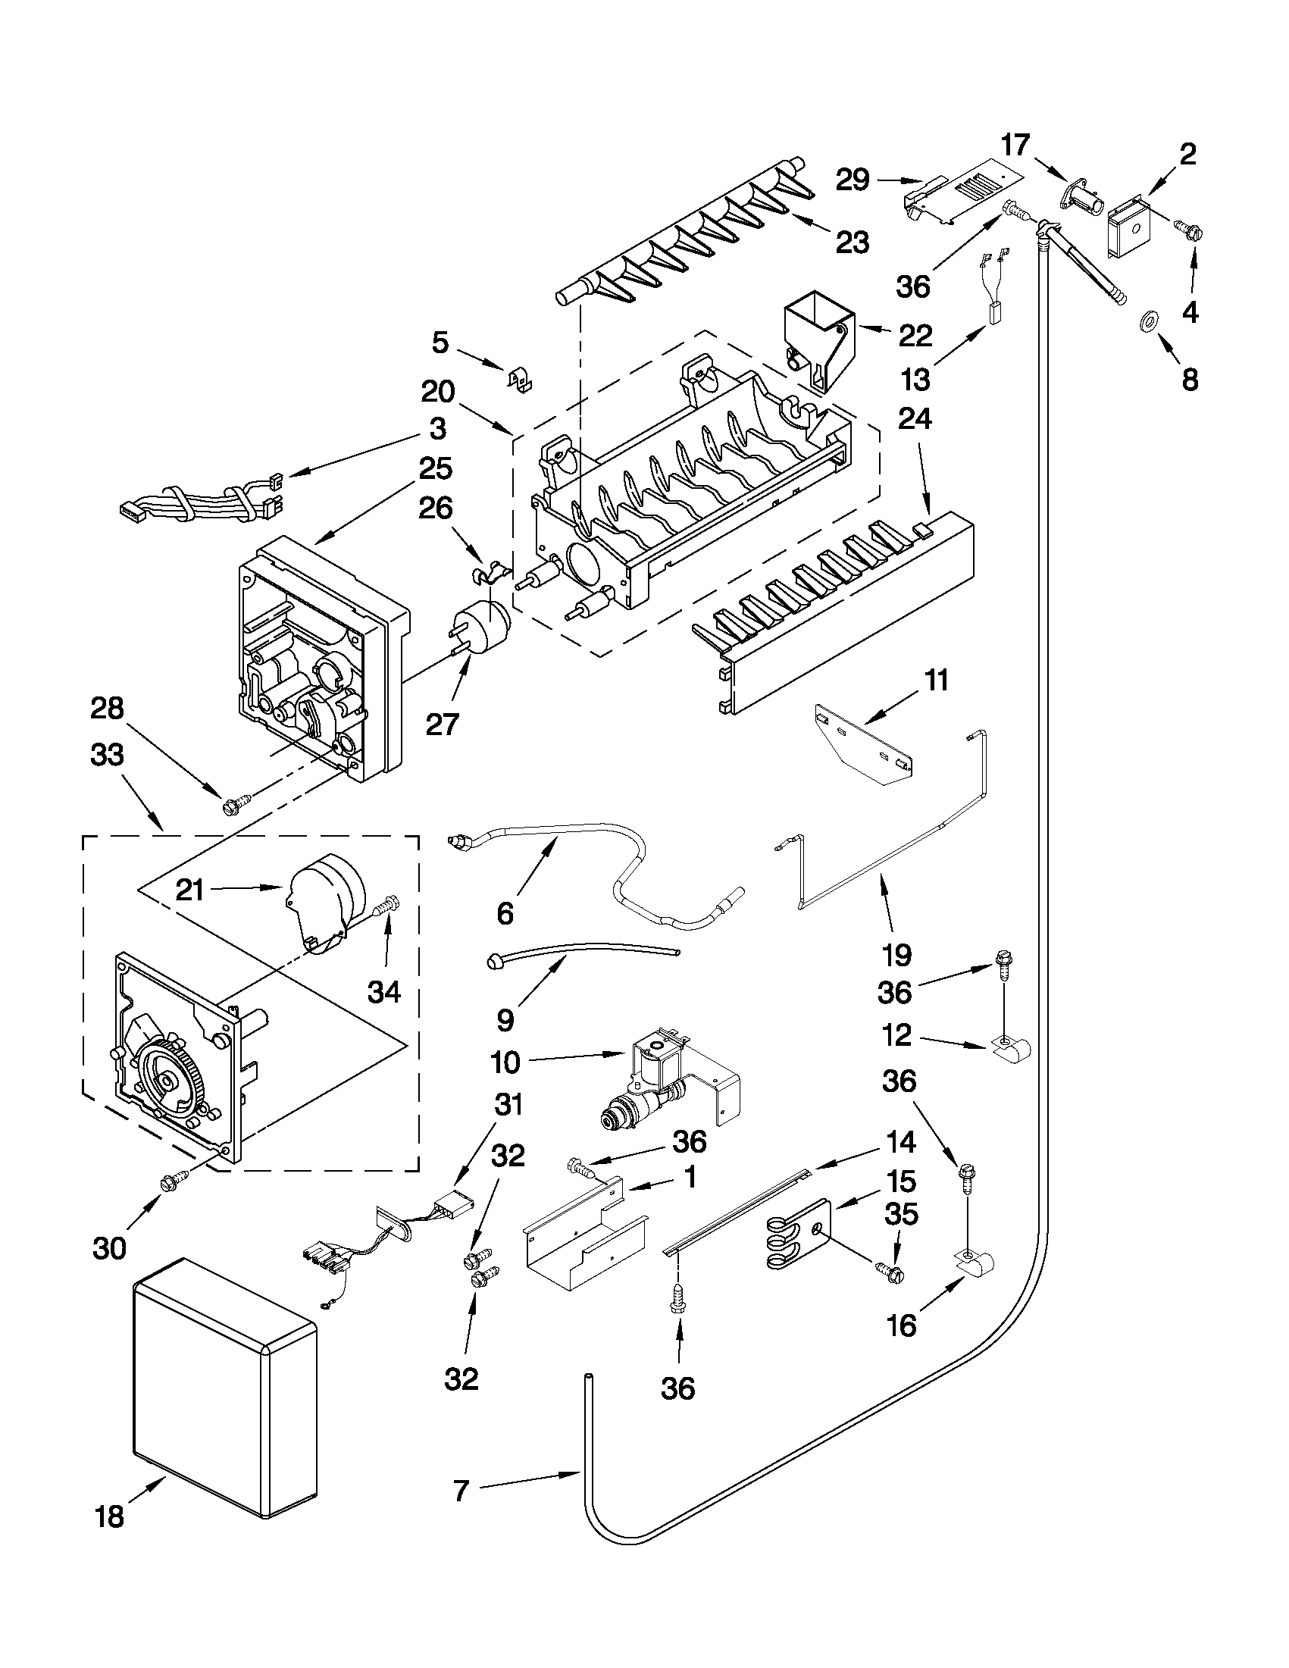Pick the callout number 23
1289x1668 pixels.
(853, 242)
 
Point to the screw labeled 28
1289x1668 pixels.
(233, 804)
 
